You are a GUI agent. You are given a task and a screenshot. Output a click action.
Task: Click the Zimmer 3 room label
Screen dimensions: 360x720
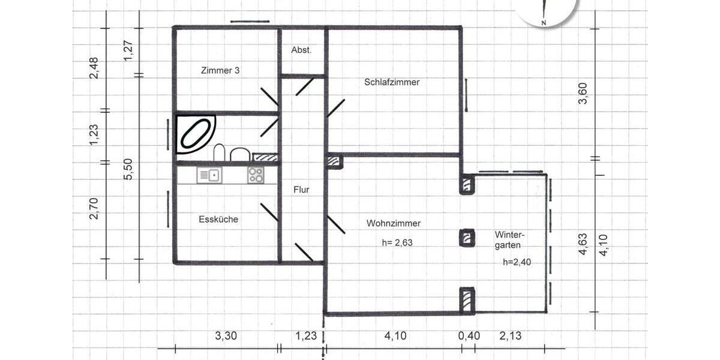pos(220,70)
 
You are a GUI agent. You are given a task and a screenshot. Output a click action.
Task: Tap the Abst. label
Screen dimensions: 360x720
pos(301,50)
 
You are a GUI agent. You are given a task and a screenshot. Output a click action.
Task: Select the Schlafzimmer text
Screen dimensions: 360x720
pos(391,82)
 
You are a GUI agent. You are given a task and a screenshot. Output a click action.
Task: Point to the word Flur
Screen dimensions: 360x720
pos(301,190)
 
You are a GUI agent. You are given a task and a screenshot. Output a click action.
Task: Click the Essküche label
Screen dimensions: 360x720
pos(218,220)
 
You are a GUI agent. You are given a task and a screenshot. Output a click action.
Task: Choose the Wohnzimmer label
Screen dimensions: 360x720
pos(393,223)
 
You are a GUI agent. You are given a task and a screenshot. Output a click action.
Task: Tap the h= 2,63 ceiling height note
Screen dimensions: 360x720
pos(397,243)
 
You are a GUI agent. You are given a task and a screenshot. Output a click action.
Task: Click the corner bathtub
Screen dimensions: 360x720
pos(196,134)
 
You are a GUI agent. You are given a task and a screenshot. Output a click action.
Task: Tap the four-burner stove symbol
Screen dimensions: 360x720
pos(256,175)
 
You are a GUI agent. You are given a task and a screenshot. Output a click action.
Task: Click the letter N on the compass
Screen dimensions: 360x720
pos(544,23)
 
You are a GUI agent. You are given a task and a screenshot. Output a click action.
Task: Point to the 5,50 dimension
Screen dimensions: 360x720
pos(127,169)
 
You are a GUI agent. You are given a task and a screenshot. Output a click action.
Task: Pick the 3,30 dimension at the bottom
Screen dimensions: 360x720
pos(226,336)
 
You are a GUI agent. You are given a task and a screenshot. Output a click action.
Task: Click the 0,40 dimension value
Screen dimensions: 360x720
pos(469,336)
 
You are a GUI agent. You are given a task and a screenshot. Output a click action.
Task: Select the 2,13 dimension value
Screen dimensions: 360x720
pos(510,336)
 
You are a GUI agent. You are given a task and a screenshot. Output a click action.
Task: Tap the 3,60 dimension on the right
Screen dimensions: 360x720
pos(582,93)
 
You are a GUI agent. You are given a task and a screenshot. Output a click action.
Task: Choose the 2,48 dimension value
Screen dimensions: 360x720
pos(94,68)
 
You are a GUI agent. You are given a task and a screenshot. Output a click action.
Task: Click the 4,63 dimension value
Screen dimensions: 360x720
pos(583,244)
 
